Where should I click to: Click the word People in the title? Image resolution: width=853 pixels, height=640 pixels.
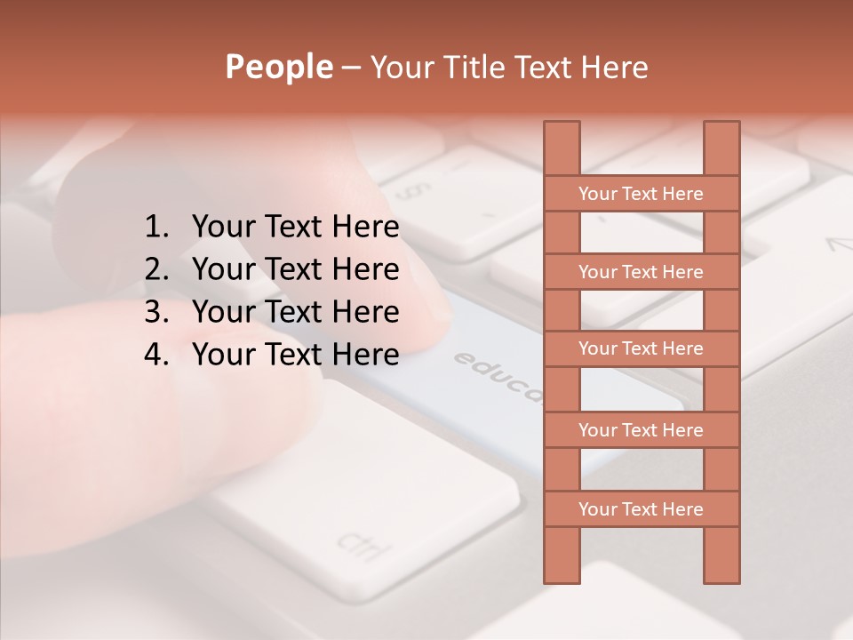click(278, 67)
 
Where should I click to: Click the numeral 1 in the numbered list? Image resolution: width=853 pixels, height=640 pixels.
click(155, 228)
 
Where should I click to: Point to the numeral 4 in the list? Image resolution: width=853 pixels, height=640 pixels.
click(155, 355)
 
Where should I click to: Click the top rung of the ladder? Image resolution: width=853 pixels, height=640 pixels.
click(641, 194)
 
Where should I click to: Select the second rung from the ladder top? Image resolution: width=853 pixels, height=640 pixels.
click(641, 272)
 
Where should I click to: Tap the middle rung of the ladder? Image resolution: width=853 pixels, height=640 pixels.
click(641, 348)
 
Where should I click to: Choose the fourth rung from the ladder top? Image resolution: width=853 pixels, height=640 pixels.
click(641, 430)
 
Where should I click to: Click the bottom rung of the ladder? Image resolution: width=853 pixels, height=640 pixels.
click(641, 509)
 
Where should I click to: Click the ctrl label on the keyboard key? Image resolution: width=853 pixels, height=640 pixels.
click(363, 544)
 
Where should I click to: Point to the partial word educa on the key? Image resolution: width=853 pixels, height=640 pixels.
click(498, 379)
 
